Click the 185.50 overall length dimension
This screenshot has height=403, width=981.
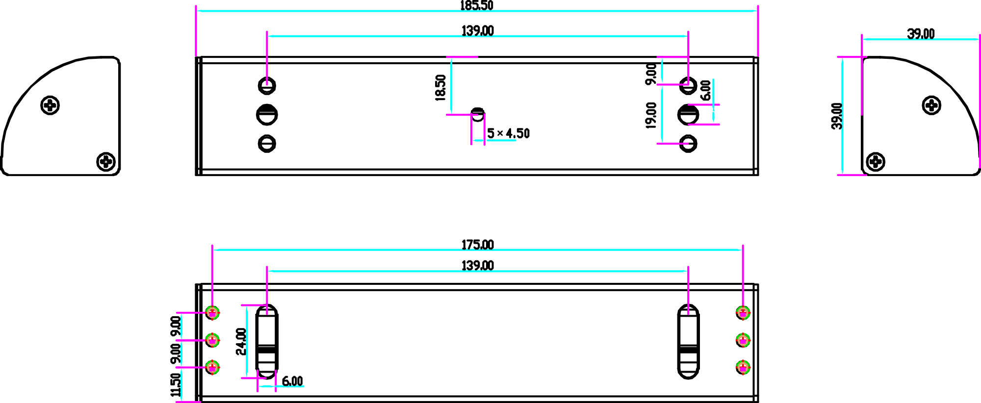click(476, 5)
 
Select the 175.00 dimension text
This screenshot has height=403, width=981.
click(477, 245)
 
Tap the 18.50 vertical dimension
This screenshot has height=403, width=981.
click(440, 88)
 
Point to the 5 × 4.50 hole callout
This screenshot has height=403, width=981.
click(508, 133)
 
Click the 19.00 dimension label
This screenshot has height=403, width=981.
click(651, 115)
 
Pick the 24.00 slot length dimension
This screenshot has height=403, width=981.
click(240, 342)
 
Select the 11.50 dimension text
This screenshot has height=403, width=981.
click(176, 385)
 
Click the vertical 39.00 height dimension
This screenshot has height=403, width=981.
click(837, 116)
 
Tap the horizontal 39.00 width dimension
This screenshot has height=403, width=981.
click(921, 34)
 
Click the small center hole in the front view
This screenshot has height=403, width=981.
click(477, 114)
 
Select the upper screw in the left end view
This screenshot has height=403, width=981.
click(50, 105)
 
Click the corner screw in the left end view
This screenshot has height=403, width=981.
click(106, 161)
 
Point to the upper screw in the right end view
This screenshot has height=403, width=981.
click(931, 105)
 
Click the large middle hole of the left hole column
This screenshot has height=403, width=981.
click(267, 115)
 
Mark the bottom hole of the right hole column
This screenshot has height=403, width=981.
click(688, 144)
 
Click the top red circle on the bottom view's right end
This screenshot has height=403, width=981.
click(743, 312)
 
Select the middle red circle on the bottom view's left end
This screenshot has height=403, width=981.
click(212, 339)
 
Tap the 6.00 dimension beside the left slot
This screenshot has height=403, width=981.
click(292, 381)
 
